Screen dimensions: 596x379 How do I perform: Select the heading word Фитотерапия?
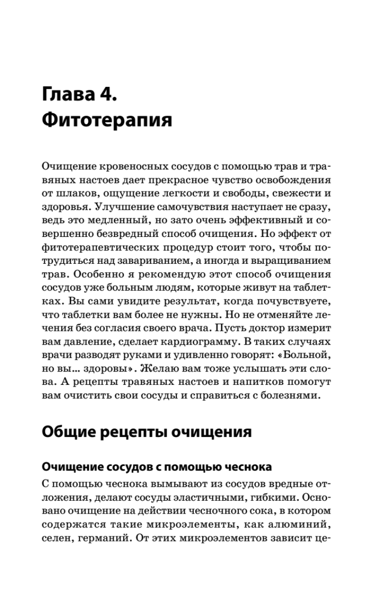(107, 121)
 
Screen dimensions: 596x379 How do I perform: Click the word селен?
(54, 536)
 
